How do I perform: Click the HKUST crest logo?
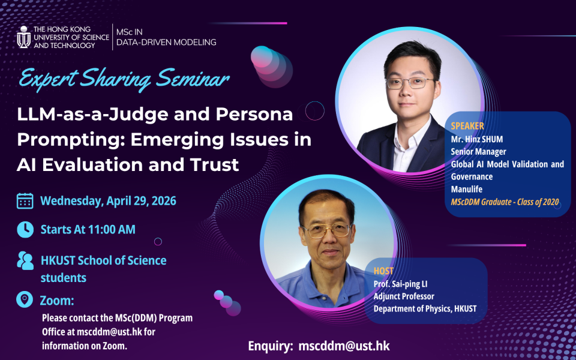[24, 37]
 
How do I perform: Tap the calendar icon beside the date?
[25, 201]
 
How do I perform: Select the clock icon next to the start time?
[25, 229]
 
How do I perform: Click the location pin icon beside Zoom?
[25, 299]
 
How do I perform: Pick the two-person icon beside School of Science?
[25, 260]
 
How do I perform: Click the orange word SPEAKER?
[467, 126]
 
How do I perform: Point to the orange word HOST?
[383, 271]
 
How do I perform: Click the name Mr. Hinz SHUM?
[477, 139]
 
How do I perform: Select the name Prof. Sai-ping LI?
[400, 284]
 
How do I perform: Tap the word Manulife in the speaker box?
[467, 189]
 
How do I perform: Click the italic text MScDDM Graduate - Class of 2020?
[505, 202]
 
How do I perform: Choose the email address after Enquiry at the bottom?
[344, 346]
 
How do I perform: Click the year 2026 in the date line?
[164, 201]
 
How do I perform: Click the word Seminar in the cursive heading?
[193, 78]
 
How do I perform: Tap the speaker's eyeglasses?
[410, 83]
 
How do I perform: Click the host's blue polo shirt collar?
[329, 274]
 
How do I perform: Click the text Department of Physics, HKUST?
[425, 308]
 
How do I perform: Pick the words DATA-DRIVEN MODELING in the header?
[166, 42]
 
